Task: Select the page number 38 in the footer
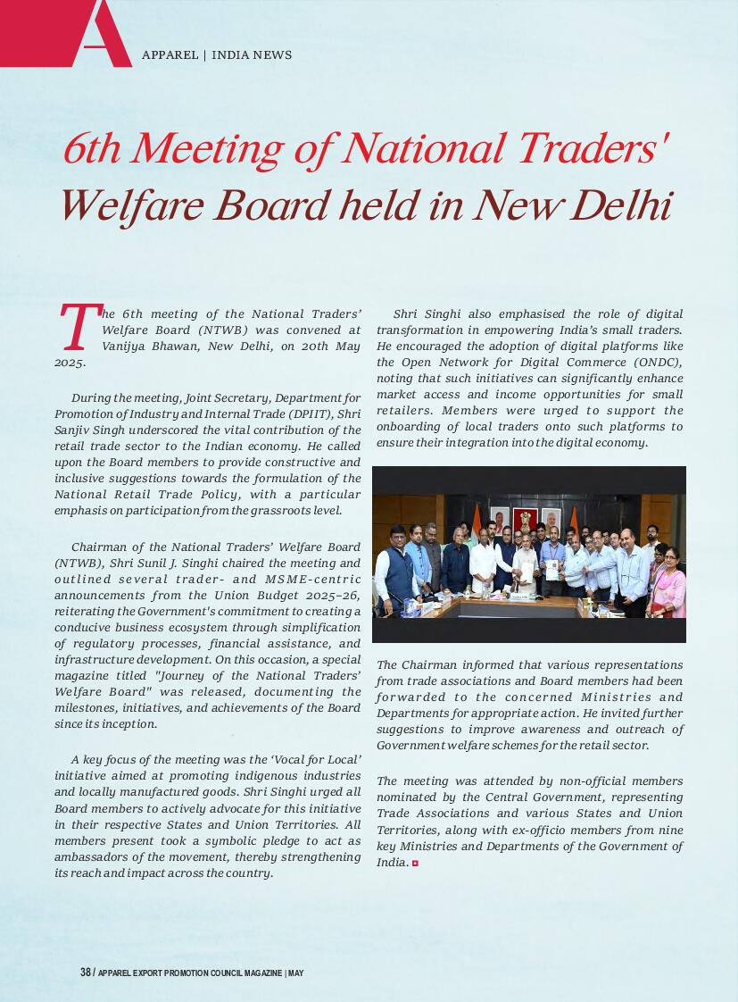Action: [x=85, y=973]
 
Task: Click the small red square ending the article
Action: [x=415, y=864]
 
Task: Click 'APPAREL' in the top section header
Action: [x=170, y=55]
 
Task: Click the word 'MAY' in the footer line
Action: [x=296, y=973]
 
